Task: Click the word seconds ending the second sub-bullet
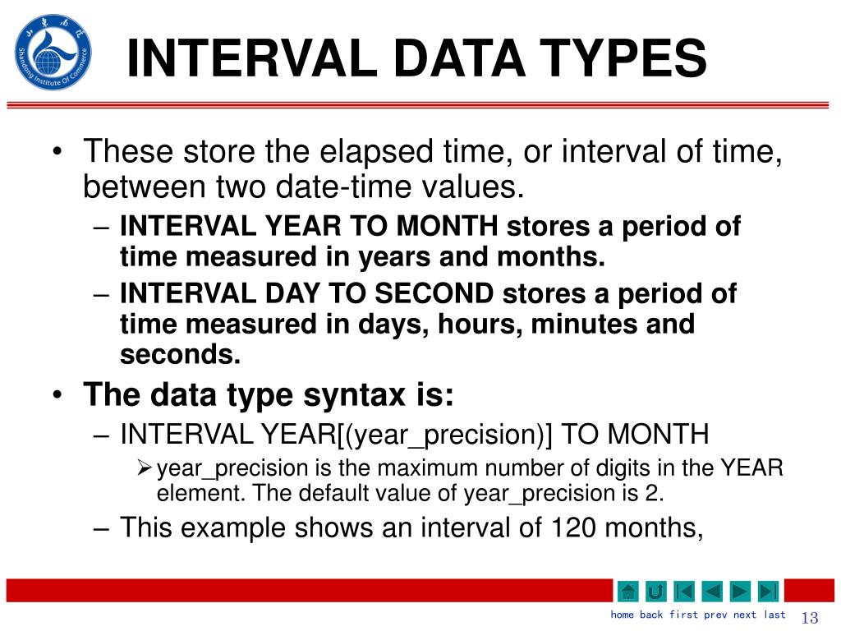180,355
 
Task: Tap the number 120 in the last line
570,527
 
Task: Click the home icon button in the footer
627,591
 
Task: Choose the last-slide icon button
768,591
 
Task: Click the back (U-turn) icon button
655,591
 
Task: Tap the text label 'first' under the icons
683,615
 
